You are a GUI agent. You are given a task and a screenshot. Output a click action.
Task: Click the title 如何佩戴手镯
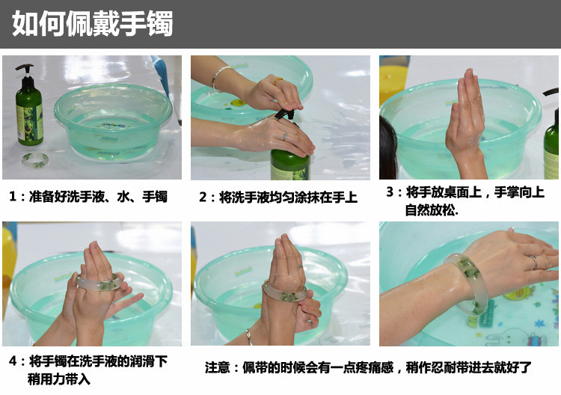pos(92,24)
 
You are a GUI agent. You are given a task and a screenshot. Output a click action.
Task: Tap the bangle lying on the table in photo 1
pos(35,159)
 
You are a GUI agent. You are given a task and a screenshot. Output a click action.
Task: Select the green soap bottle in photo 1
pos(28,105)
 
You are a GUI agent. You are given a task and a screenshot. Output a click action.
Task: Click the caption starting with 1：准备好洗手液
pos(88,197)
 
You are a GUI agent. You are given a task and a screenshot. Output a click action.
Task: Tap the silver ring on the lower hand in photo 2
pos(285,135)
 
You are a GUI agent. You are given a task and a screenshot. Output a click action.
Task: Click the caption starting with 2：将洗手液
pos(278,197)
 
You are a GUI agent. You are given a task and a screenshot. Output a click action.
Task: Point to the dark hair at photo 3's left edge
pos(387,147)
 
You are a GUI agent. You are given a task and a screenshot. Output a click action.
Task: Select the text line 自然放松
pos(432,210)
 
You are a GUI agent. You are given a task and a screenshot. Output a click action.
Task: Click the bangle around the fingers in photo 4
pos(99,282)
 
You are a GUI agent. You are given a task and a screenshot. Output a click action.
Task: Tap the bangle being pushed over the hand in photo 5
pos(285,292)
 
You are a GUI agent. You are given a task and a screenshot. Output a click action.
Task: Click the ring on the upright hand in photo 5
pos(299,266)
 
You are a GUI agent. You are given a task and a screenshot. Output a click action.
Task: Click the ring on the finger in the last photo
pos(533,262)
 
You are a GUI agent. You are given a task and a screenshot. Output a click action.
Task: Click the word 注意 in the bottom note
pos(217,367)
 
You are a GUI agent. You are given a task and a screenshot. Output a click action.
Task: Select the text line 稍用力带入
pos(58,379)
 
